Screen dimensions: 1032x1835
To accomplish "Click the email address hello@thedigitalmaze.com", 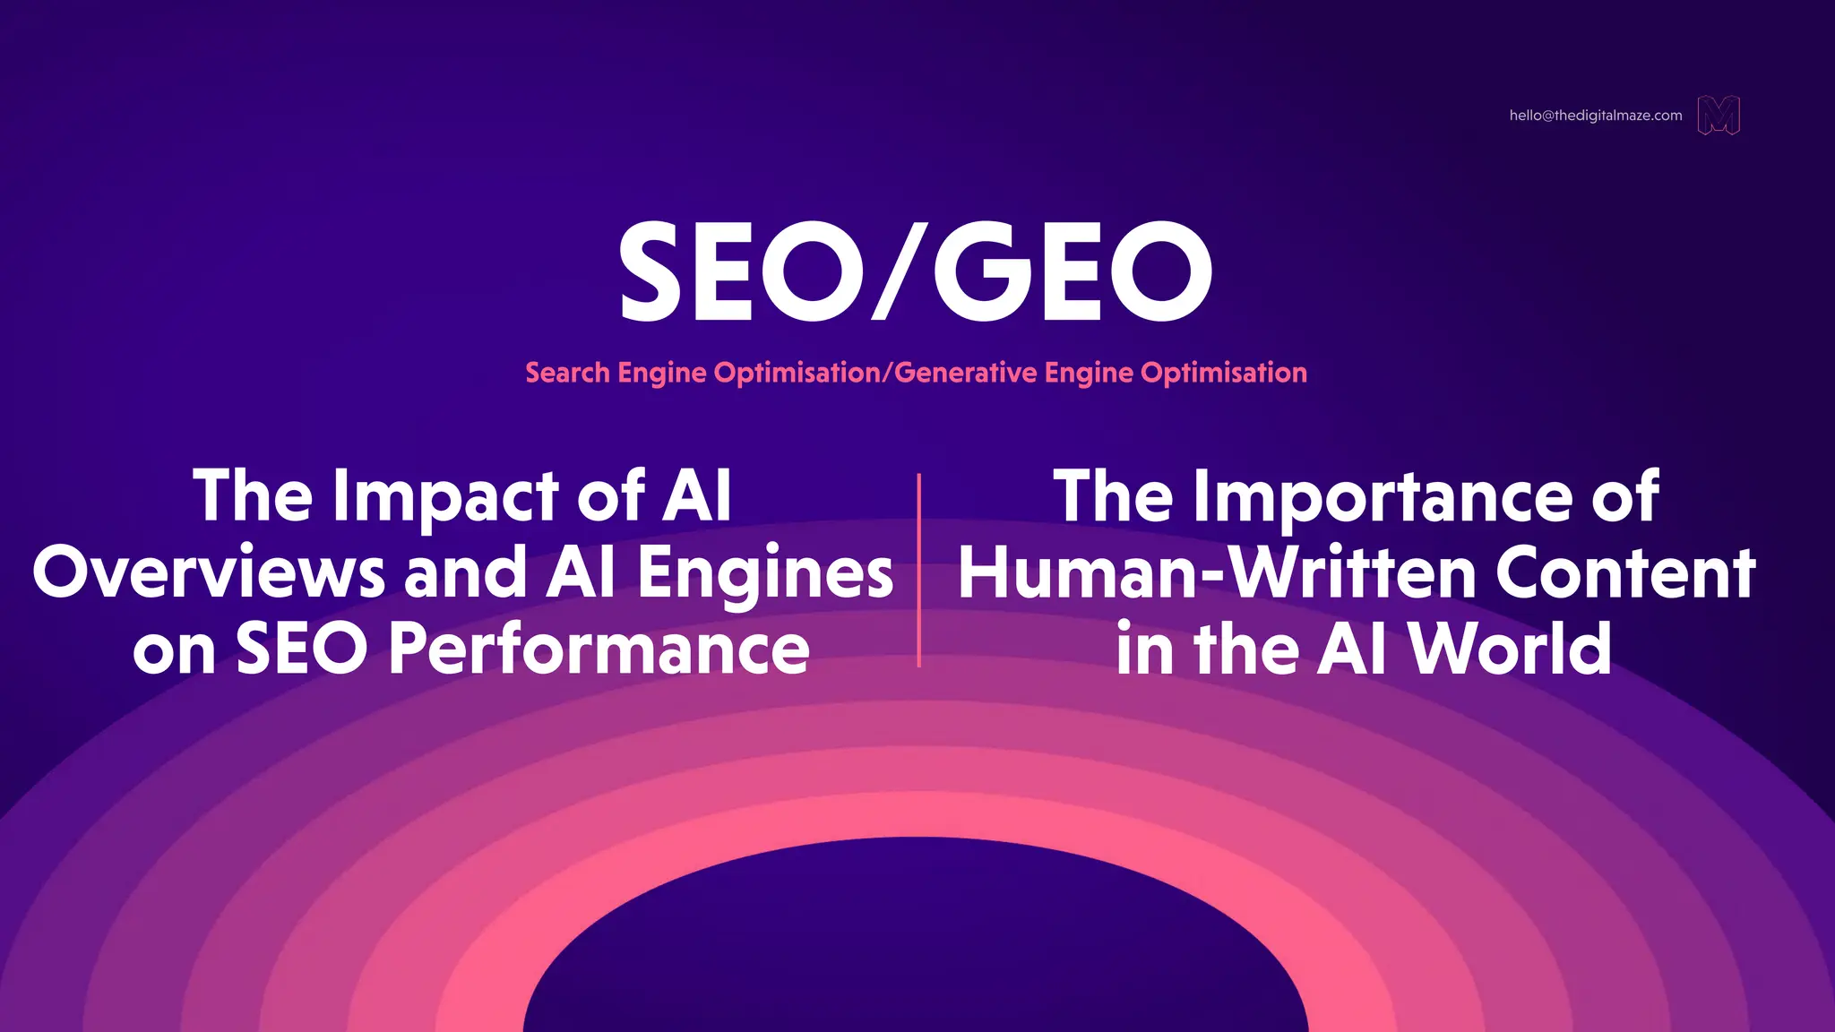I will click(1595, 116).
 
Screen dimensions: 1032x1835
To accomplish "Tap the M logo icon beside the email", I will click(1719, 116).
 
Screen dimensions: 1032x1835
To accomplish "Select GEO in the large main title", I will click(1073, 271).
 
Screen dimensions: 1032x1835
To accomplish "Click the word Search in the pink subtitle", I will click(567, 373).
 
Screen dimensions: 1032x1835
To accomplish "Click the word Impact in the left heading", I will click(445, 498).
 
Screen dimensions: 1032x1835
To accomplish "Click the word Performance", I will click(599, 649).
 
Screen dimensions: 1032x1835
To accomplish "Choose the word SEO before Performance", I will click(301, 649).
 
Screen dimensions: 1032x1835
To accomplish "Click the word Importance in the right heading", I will click(1383, 498).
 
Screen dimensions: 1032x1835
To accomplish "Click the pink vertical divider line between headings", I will click(918, 571).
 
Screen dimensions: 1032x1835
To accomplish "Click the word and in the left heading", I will click(465, 574).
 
